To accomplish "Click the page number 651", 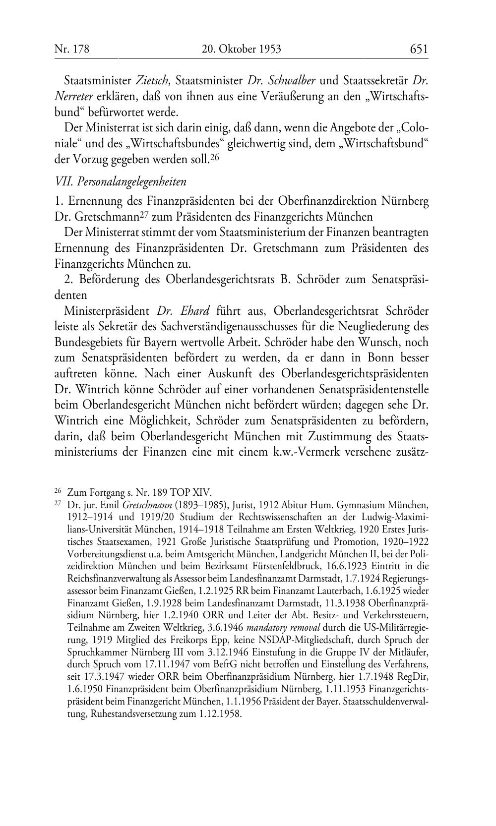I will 419,49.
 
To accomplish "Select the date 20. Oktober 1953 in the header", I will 242,49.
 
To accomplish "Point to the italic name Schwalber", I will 293,80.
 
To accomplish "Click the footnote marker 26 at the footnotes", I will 58,491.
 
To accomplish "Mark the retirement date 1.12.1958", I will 219,714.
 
